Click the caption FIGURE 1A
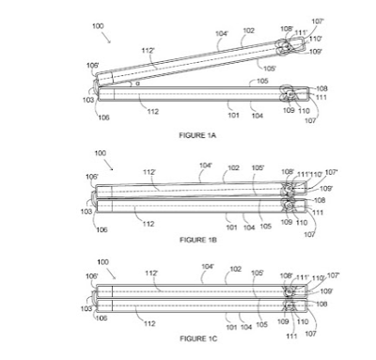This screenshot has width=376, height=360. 198,135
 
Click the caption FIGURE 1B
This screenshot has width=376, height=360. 198,240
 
